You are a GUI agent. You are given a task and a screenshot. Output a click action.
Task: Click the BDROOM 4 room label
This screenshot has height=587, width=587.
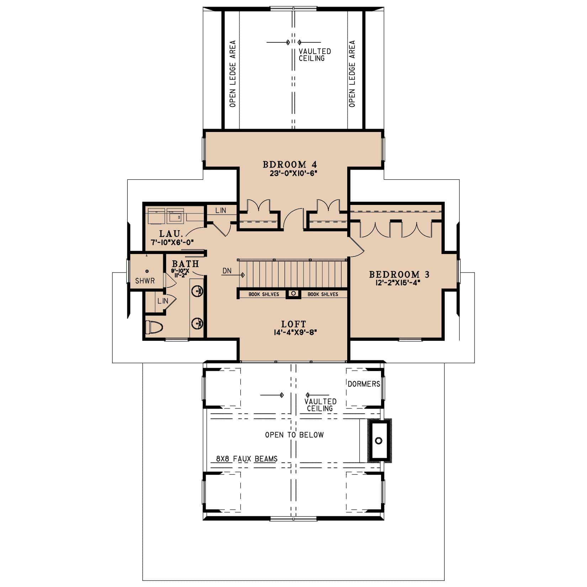[290, 164]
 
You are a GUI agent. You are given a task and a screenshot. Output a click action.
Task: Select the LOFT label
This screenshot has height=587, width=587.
[293, 324]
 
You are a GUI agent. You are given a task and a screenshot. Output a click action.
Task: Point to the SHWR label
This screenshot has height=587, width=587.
[145, 281]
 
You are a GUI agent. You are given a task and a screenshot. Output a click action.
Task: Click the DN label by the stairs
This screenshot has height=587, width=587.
[227, 271]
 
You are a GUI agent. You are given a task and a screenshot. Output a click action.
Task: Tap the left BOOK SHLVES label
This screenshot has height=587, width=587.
[263, 294]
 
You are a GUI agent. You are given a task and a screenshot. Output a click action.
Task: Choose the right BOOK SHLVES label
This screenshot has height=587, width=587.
[323, 294]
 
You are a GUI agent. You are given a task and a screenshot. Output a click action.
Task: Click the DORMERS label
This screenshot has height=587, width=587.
[364, 384]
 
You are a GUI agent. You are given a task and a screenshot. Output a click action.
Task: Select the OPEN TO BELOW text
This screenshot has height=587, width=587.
[294, 435]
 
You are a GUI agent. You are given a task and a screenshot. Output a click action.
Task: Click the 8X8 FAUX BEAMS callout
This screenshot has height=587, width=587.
[247, 459]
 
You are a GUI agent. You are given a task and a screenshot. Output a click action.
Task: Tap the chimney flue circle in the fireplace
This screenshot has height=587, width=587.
[379, 441]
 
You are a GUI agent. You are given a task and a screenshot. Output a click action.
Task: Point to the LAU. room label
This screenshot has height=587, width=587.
[171, 234]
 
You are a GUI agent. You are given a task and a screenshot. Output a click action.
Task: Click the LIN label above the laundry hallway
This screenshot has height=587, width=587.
[221, 210]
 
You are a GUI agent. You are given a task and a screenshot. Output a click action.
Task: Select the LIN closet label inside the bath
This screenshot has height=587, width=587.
[163, 301]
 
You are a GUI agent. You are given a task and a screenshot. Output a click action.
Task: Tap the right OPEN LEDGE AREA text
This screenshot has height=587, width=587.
[352, 74]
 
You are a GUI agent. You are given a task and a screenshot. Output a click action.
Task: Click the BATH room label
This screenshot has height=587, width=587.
[185, 264]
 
